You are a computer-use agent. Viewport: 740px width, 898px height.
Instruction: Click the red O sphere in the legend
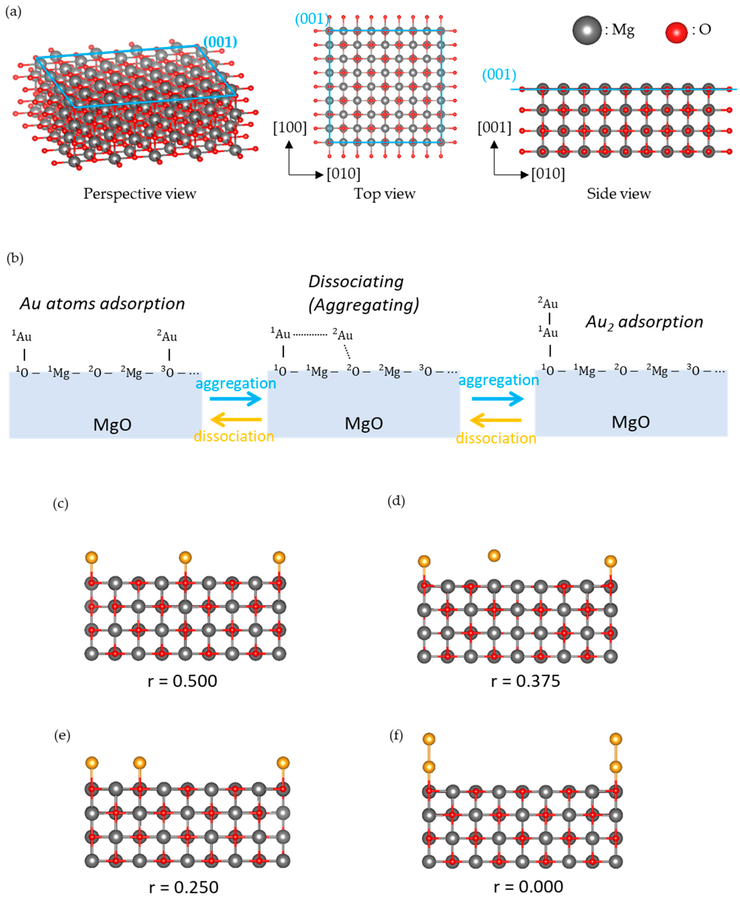click(676, 33)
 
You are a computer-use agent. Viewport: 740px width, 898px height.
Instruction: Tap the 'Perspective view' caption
click(139, 194)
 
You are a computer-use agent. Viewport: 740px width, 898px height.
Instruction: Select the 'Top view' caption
click(384, 194)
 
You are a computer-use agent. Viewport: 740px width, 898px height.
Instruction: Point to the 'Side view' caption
click(618, 194)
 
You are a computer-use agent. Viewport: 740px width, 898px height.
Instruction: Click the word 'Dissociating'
click(356, 282)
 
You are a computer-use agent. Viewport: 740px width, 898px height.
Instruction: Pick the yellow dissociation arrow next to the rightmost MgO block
click(496, 421)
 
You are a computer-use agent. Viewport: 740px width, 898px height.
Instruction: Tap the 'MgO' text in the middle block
click(364, 423)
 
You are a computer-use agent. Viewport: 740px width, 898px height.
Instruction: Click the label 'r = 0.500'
click(182, 681)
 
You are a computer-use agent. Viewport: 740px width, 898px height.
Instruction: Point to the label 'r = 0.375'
click(525, 681)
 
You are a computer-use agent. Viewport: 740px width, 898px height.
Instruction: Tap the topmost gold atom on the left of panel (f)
click(429, 739)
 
